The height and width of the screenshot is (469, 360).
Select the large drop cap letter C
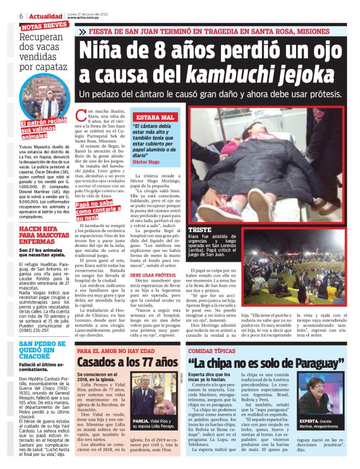tap(82, 117)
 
